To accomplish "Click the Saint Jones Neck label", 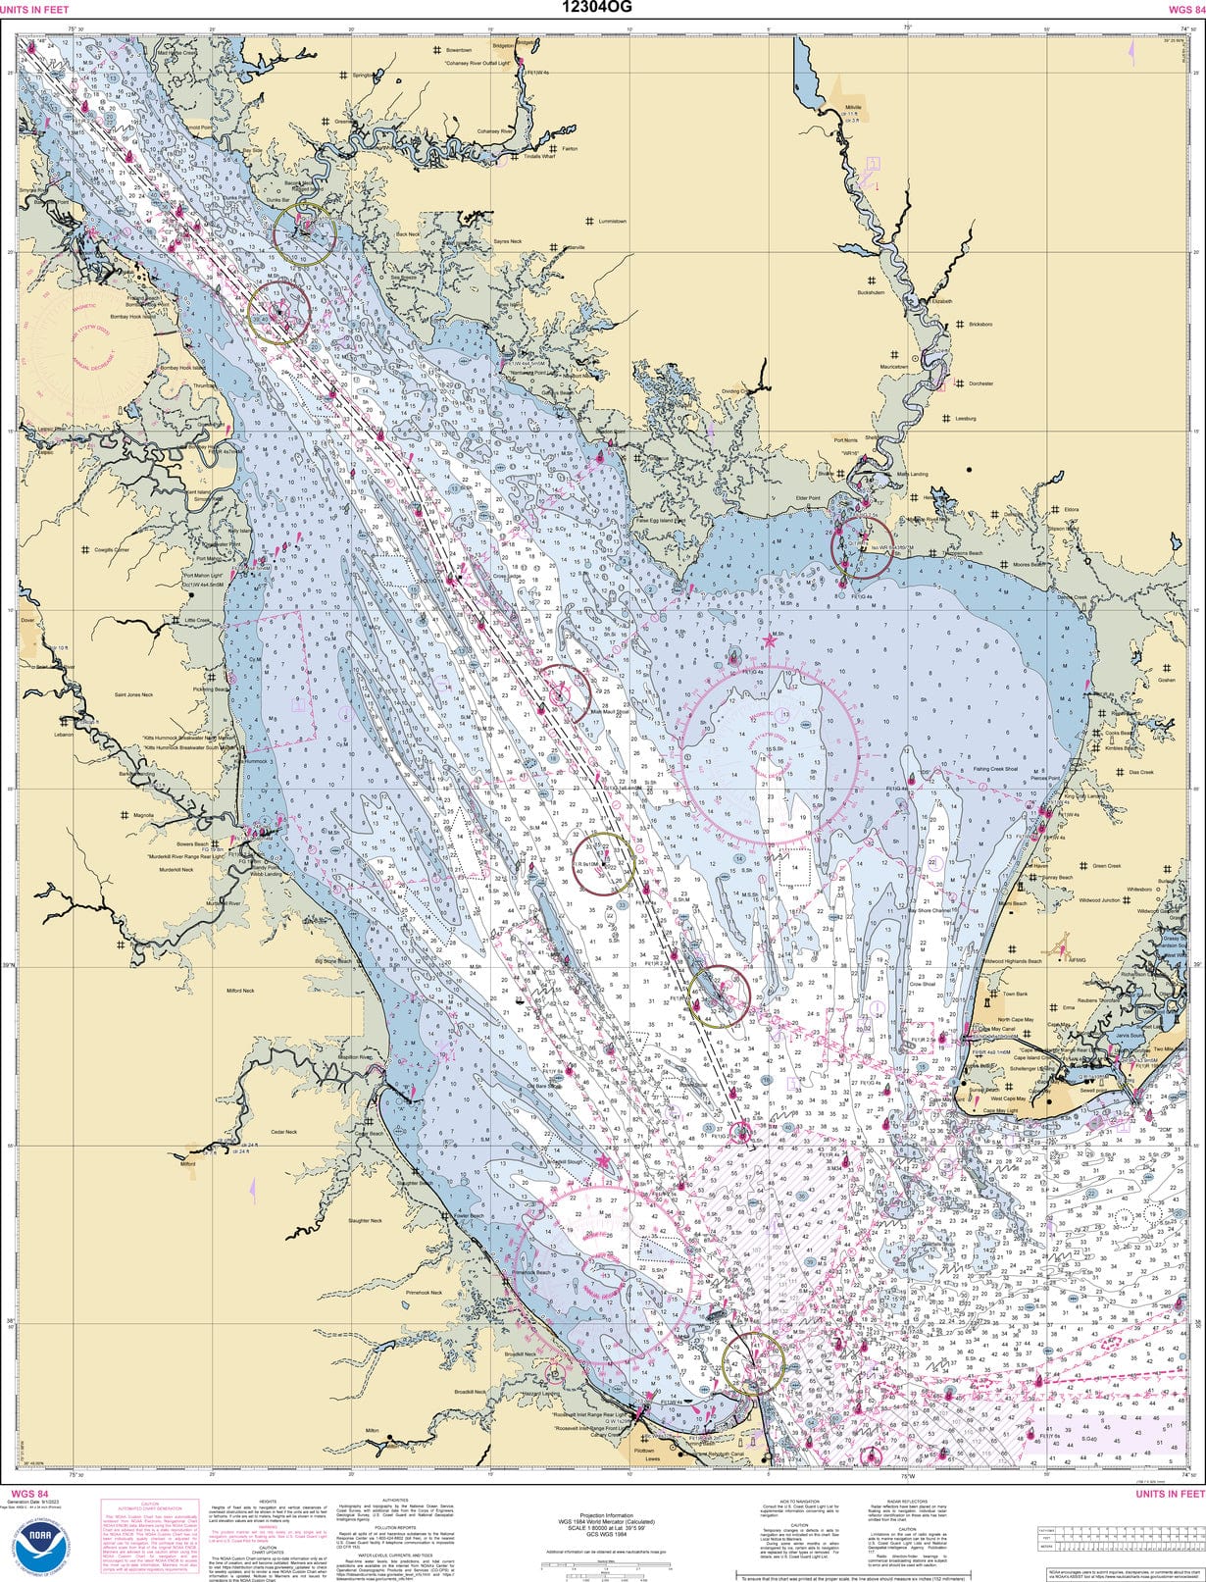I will point(134,694).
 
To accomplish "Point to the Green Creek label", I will point(1106,866).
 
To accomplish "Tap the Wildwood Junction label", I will point(1098,899).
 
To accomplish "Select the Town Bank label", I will point(1015,994).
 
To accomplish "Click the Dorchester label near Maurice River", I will point(980,383).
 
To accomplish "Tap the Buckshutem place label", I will point(871,292).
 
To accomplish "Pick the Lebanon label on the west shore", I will point(64,735).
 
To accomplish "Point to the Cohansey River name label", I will point(495,130).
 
